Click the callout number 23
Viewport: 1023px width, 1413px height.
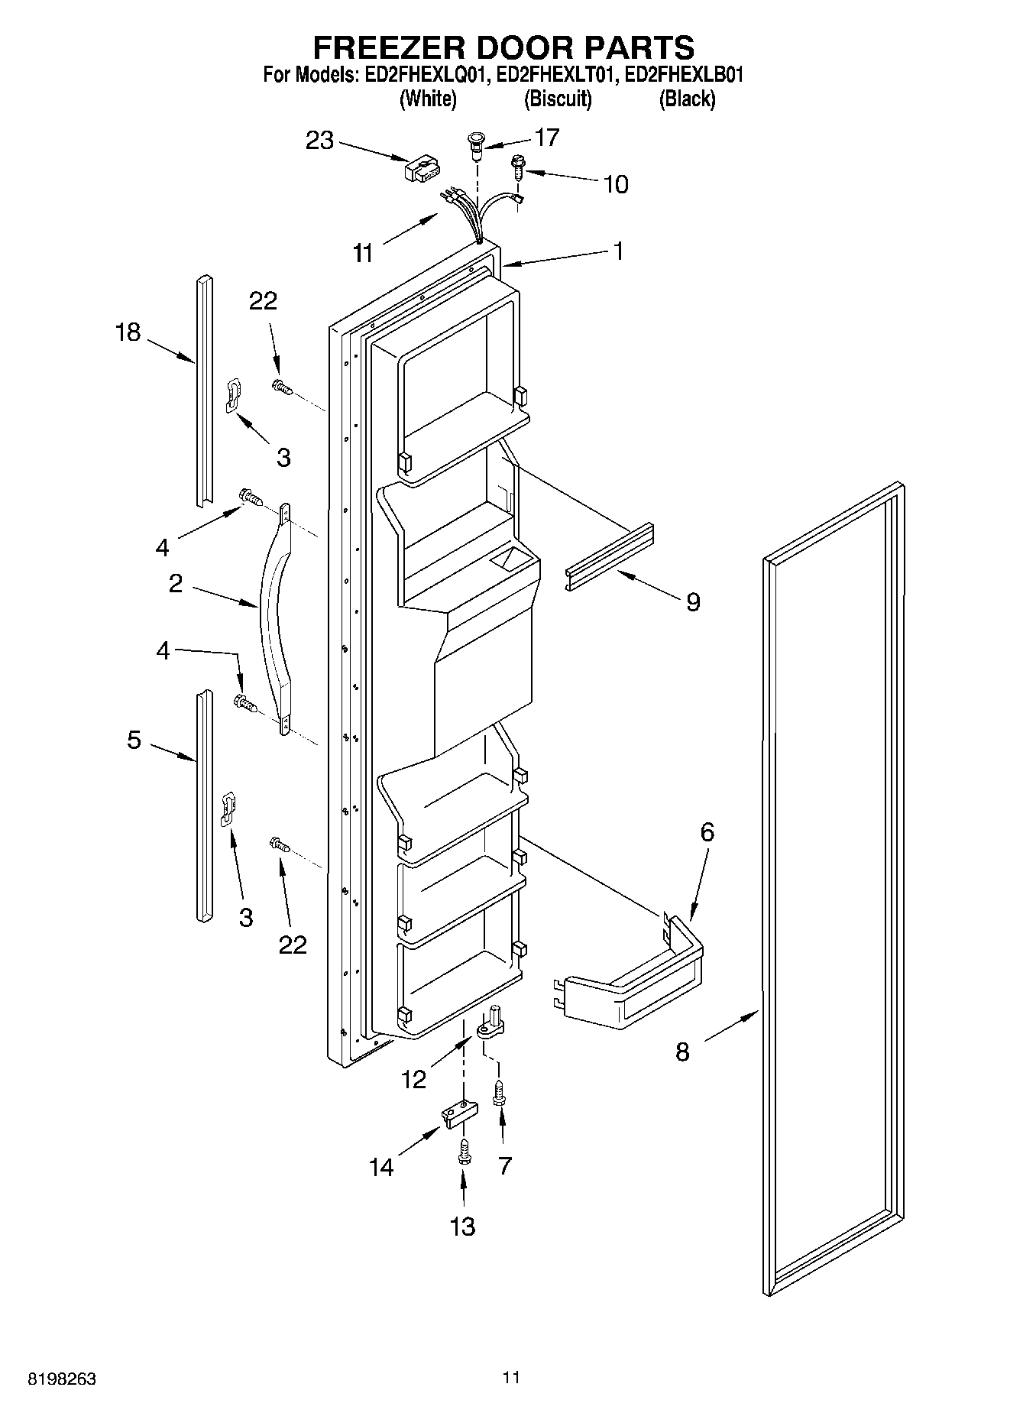pyautogui.click(x=320, y=141)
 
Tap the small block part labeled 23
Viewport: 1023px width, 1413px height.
pyautogui.click(x=422, y=169)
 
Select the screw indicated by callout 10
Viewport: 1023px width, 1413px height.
pyautogui.click(x=518, y=167)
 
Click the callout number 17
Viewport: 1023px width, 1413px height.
pyautogui.click(x=547, y=138)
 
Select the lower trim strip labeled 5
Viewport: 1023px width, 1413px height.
pyautogui.click(x=202, y=806)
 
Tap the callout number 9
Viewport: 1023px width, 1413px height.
pyautogui.click(x=692, y=602)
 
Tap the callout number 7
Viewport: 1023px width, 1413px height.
pyautogui.click(x=504, y=1166)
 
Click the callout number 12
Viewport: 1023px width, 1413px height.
pyautogui.click(x=413, y=1079)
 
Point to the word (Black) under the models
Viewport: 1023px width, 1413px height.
pyautogui.click(x=687, y=99)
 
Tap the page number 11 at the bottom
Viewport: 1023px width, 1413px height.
pyautogui.click(x=511, y=1378)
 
